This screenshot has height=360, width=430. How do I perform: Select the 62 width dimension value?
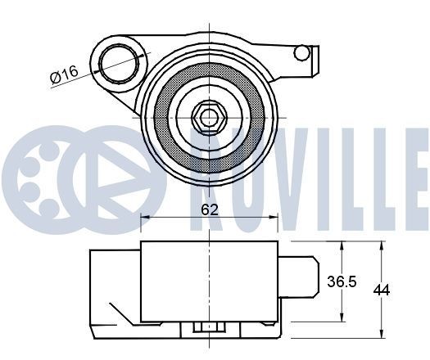210,209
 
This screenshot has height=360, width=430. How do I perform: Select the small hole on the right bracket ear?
301,53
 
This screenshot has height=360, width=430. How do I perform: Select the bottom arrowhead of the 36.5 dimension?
342,316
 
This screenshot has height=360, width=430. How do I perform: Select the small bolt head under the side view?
209,329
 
